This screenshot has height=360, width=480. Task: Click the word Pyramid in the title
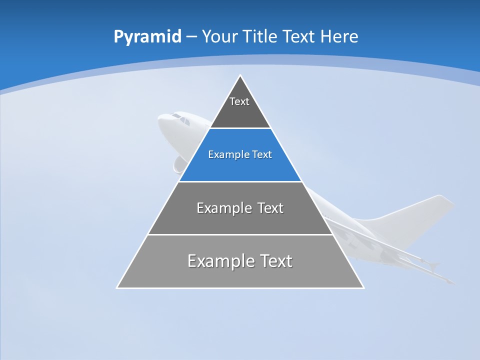pyautogui.click(x=147, y=37)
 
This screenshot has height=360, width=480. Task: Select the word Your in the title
pyautogui.click(x=220, y=37)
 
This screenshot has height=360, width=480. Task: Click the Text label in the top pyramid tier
pyautogui.click(x=239, y=101)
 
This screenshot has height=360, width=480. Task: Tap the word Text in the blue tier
pyautogui.click(x=262, y=155)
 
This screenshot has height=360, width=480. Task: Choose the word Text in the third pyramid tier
pyautogui.click(x=270, y=208)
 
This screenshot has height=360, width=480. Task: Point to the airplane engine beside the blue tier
pyautogui.click(x=178, y=164)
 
